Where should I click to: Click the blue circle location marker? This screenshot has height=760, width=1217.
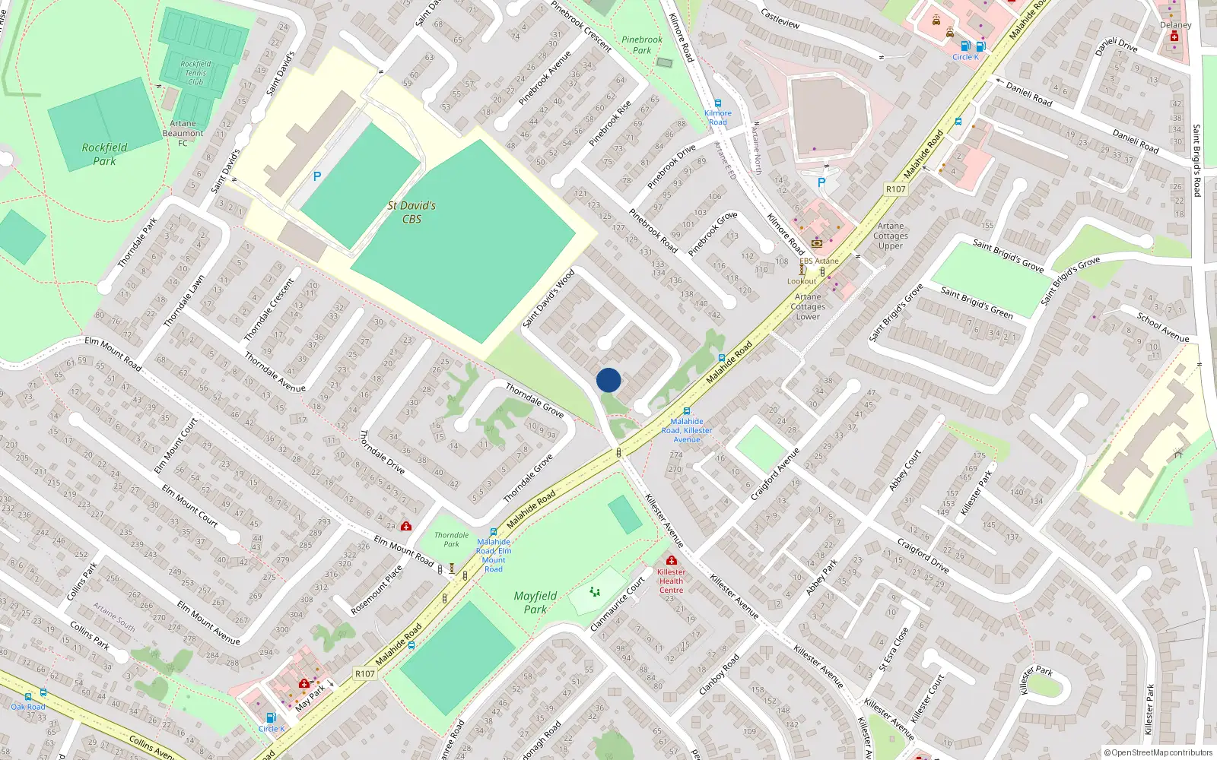tap(608, 380)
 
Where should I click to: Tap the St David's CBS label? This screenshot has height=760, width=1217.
tap(411, 212)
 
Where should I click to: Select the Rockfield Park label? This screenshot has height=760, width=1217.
tap(104, 154)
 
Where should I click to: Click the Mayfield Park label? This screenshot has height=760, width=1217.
tap(535, 603)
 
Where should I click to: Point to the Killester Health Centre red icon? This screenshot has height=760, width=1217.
tap(671, 560)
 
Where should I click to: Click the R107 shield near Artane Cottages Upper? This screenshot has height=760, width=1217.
tap(896, 189)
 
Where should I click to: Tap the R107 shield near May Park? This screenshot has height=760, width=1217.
tap(365, 673)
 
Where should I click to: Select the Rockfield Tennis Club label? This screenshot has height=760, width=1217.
tap(195, 73)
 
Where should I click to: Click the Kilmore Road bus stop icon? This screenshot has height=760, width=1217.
tap(717, 103)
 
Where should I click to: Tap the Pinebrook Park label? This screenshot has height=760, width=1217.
tap(642, 45)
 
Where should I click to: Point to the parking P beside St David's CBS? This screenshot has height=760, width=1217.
tap(317, 176)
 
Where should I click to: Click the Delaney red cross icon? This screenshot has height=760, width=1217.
tap(1174, 36)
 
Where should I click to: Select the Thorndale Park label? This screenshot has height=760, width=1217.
tap(452, 540)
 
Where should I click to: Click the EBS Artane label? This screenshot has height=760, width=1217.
tap(819, 261)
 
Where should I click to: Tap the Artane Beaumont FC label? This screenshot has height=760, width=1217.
tap(183, 133)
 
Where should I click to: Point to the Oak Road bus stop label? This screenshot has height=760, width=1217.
tap(28, 707)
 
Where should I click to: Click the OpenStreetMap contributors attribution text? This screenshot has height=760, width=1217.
tap(1158, 753)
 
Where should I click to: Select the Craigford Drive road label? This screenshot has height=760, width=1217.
tap(923, 555)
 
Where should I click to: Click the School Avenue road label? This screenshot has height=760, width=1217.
tap(1162, 327)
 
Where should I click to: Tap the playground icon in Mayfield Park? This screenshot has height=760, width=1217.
tap(595, 592)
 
